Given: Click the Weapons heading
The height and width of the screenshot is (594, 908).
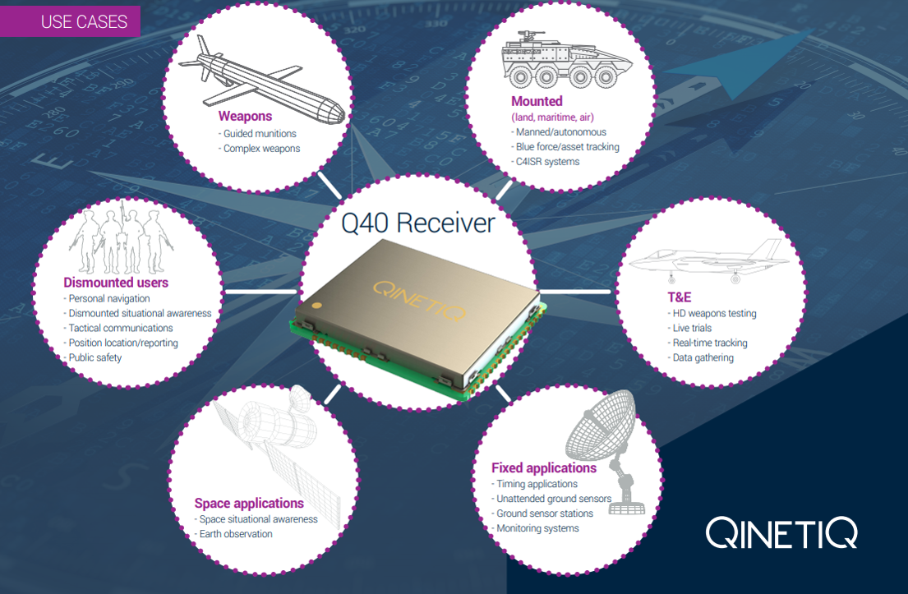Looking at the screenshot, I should pyautogui.click(x=245, y=117).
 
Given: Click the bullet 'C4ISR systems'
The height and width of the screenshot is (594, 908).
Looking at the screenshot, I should pyautogui.click(x=546, y=162).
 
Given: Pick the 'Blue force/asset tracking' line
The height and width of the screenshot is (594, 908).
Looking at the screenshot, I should pyautogui.click(x=566, y=147).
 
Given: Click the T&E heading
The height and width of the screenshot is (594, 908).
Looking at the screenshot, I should pyautogui.click(x=680, y=297).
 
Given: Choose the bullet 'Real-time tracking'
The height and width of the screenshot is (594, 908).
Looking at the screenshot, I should pyautogui.click(x=708, y=343).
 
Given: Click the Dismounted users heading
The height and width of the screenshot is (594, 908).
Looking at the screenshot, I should pyautogui.click(x=116, y=283).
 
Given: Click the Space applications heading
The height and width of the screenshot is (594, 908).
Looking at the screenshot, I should pyautogui.click(x=249, y=504).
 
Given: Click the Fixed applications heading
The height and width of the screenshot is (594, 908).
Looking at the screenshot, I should pyautogui.click(x=544, y=468).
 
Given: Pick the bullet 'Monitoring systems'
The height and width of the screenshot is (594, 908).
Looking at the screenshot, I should pyautogui.click(x=537, y=528).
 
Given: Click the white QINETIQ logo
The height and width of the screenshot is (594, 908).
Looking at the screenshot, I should pyautogui.click(x=781, y=533).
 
